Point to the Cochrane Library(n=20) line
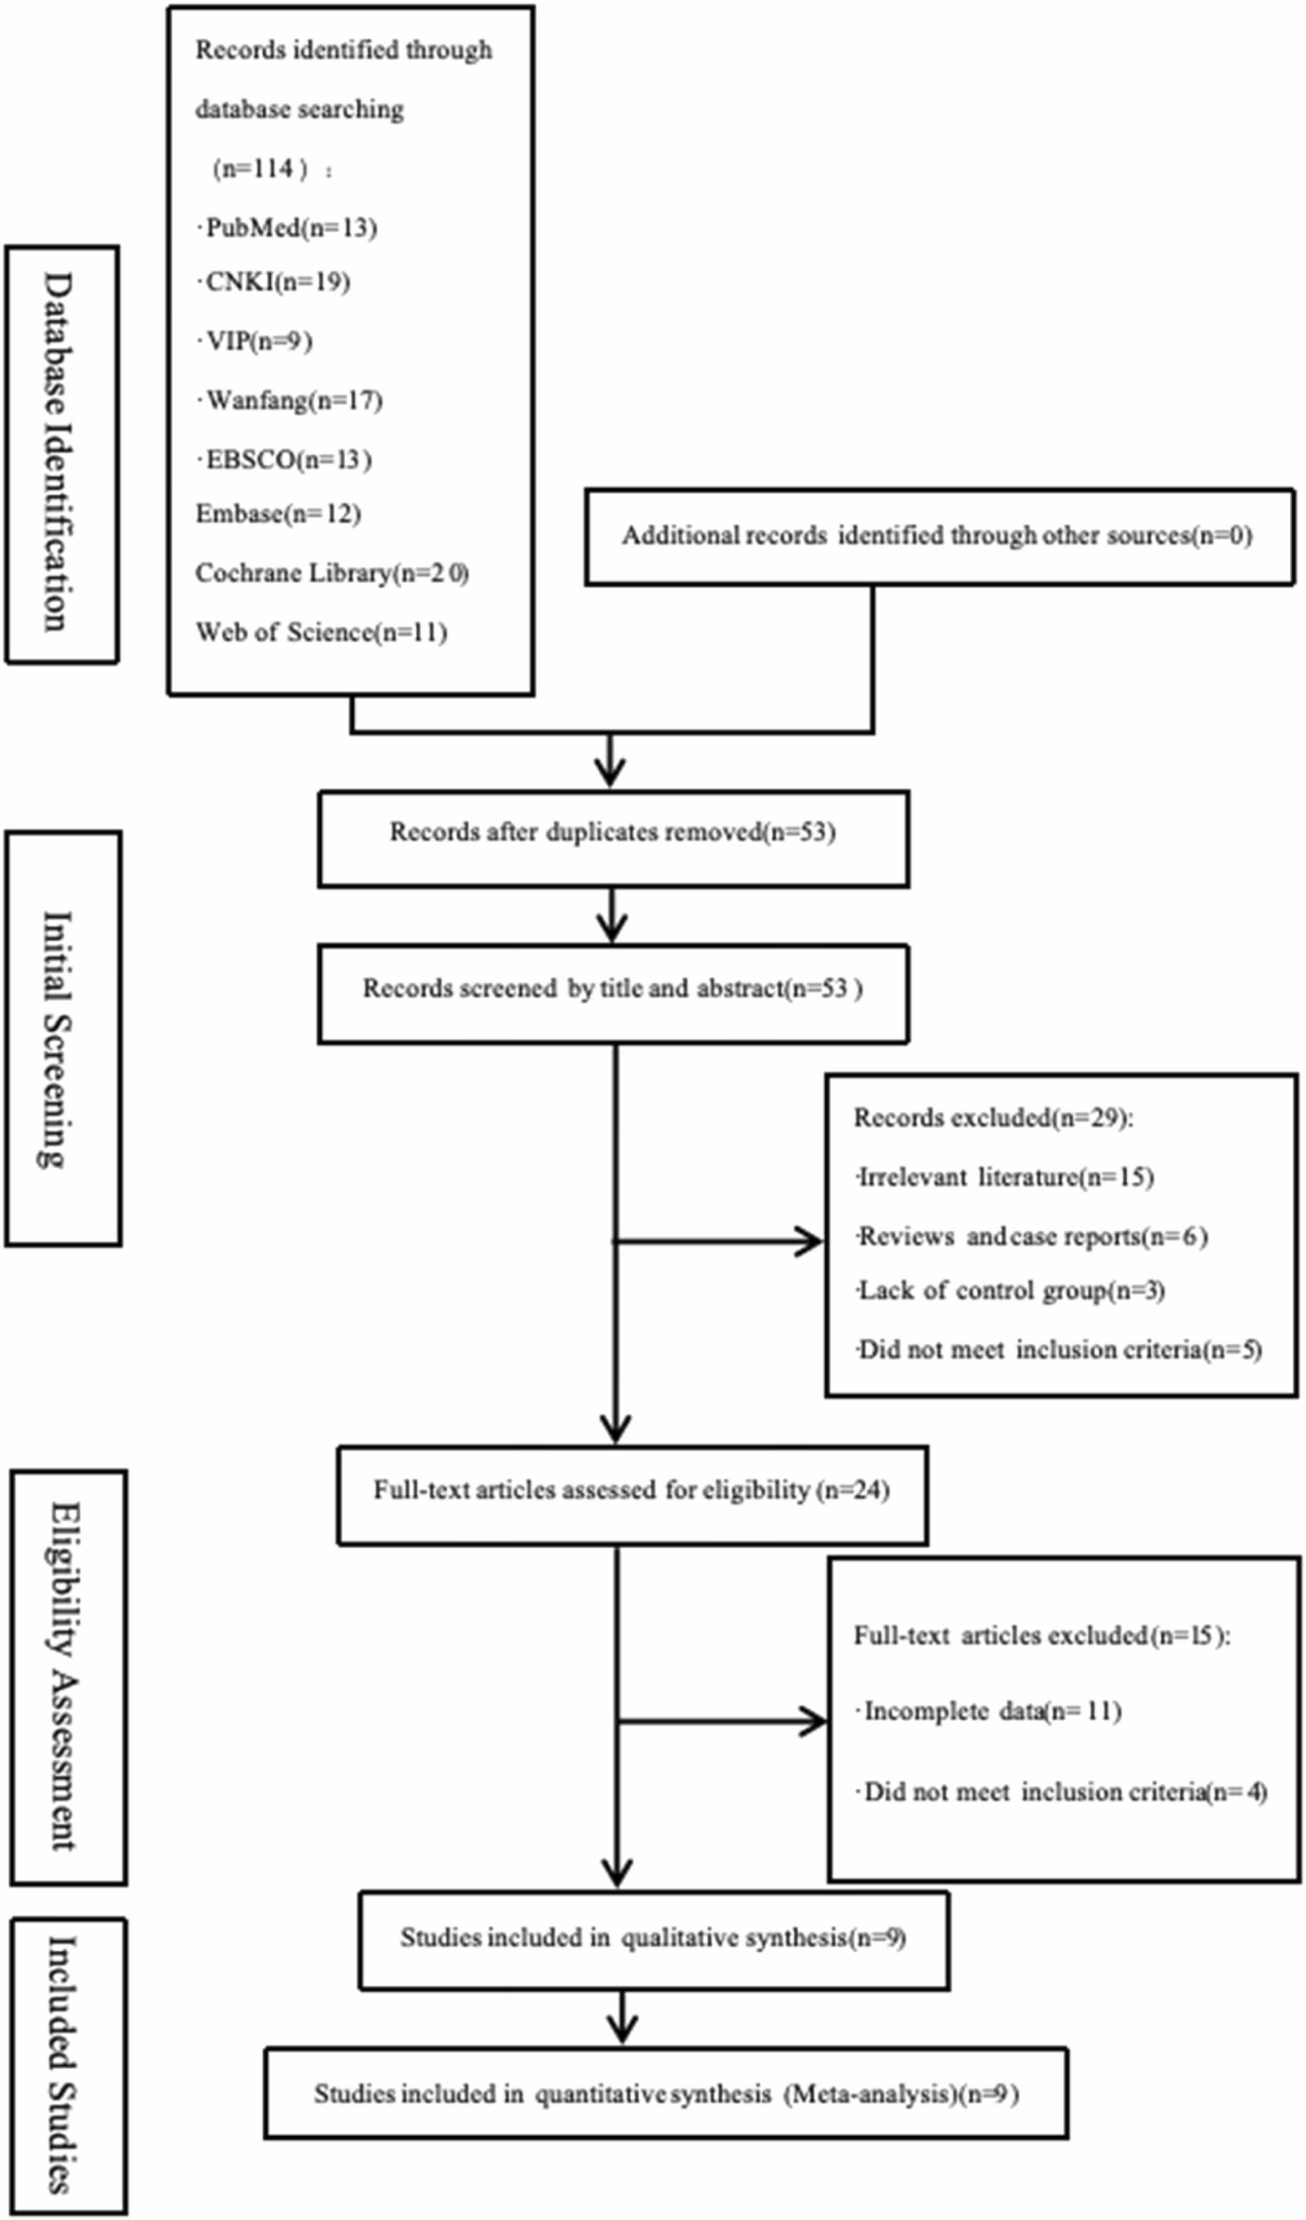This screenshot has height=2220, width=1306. click(332, 574)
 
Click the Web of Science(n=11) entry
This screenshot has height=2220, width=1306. click(321, 633)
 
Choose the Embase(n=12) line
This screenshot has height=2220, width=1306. click(278, 513)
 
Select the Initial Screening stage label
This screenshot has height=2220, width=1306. click(63, 1039)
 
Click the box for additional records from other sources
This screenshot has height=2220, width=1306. click(940, 536)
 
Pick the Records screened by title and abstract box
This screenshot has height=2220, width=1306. click(613, 994)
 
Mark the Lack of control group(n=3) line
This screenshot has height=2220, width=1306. click(1009, 1291)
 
